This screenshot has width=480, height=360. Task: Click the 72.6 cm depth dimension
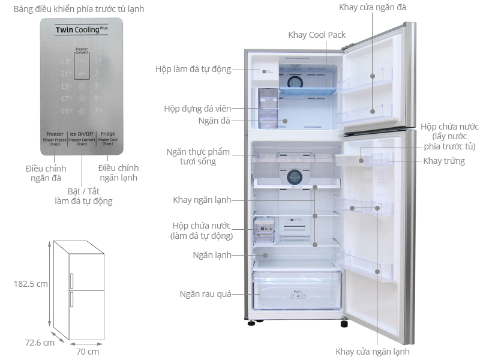pos(40,343)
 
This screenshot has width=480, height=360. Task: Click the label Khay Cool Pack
pos(317,35)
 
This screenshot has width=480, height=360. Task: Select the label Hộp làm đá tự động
pos(193,69)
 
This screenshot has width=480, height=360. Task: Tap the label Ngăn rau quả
pos(205,294)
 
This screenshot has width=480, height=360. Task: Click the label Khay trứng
pos(444,161)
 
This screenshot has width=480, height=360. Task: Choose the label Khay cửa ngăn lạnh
pos(373,352)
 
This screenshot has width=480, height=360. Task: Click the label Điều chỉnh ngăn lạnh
pos(118,172)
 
